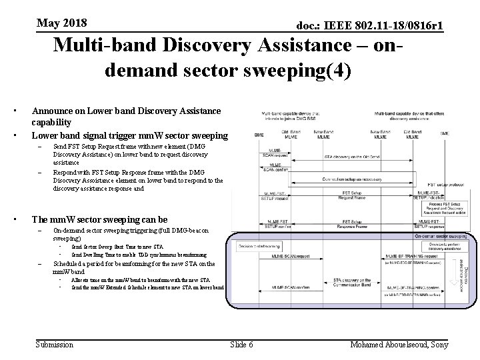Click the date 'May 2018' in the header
[62, 23]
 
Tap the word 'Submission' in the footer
[54, 344]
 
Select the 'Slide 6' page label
[241, 344]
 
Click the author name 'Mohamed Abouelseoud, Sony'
[399, 344]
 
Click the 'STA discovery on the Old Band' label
[351, 157]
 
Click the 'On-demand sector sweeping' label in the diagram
[440, 235]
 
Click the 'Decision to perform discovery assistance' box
[437, 246]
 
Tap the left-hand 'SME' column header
[259, 134]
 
